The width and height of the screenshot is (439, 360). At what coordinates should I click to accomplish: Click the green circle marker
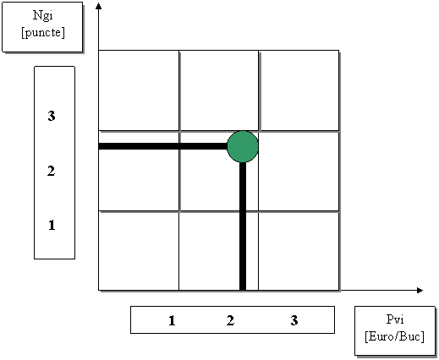[x=243, y=146]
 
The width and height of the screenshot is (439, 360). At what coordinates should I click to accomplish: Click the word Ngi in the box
[x=42, y=16]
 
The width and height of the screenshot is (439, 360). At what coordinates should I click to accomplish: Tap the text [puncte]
[x=43, y=33]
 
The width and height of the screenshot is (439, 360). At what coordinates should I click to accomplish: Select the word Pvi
[x=395, y=319]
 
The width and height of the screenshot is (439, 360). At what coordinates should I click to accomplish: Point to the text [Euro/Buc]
[x=394, y=336]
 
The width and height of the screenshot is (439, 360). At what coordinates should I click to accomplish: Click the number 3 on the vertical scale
[x=52, y=116]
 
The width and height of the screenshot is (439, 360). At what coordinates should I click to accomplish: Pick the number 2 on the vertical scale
[x=51, y=171]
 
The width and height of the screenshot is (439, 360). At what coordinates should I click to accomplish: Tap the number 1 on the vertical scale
[x=52, y=225]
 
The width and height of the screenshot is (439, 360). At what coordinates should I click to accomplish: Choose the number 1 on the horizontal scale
[x=172, y=320]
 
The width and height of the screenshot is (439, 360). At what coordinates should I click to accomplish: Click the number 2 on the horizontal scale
[x=230, y=320]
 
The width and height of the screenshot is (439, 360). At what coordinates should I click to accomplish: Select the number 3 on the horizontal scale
[x=294, y=320]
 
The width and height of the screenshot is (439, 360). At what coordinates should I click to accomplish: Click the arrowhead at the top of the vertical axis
[x=98, y=6]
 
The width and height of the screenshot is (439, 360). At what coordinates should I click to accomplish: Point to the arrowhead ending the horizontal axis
[x=420, y=290]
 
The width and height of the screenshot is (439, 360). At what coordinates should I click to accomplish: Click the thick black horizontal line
[x=163, y=146]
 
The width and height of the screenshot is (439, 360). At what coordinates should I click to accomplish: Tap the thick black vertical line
[x=243, y=226]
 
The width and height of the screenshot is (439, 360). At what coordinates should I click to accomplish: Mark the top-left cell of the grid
[x=139, y=90]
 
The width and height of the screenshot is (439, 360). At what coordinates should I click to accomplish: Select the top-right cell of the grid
[x=299, y=90]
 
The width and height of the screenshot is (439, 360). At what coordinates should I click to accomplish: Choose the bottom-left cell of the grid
[x=139, y=251]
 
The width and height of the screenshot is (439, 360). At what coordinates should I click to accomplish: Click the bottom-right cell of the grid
[x=299, y=251]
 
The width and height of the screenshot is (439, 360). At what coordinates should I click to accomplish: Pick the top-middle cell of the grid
[x=219, y=90]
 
